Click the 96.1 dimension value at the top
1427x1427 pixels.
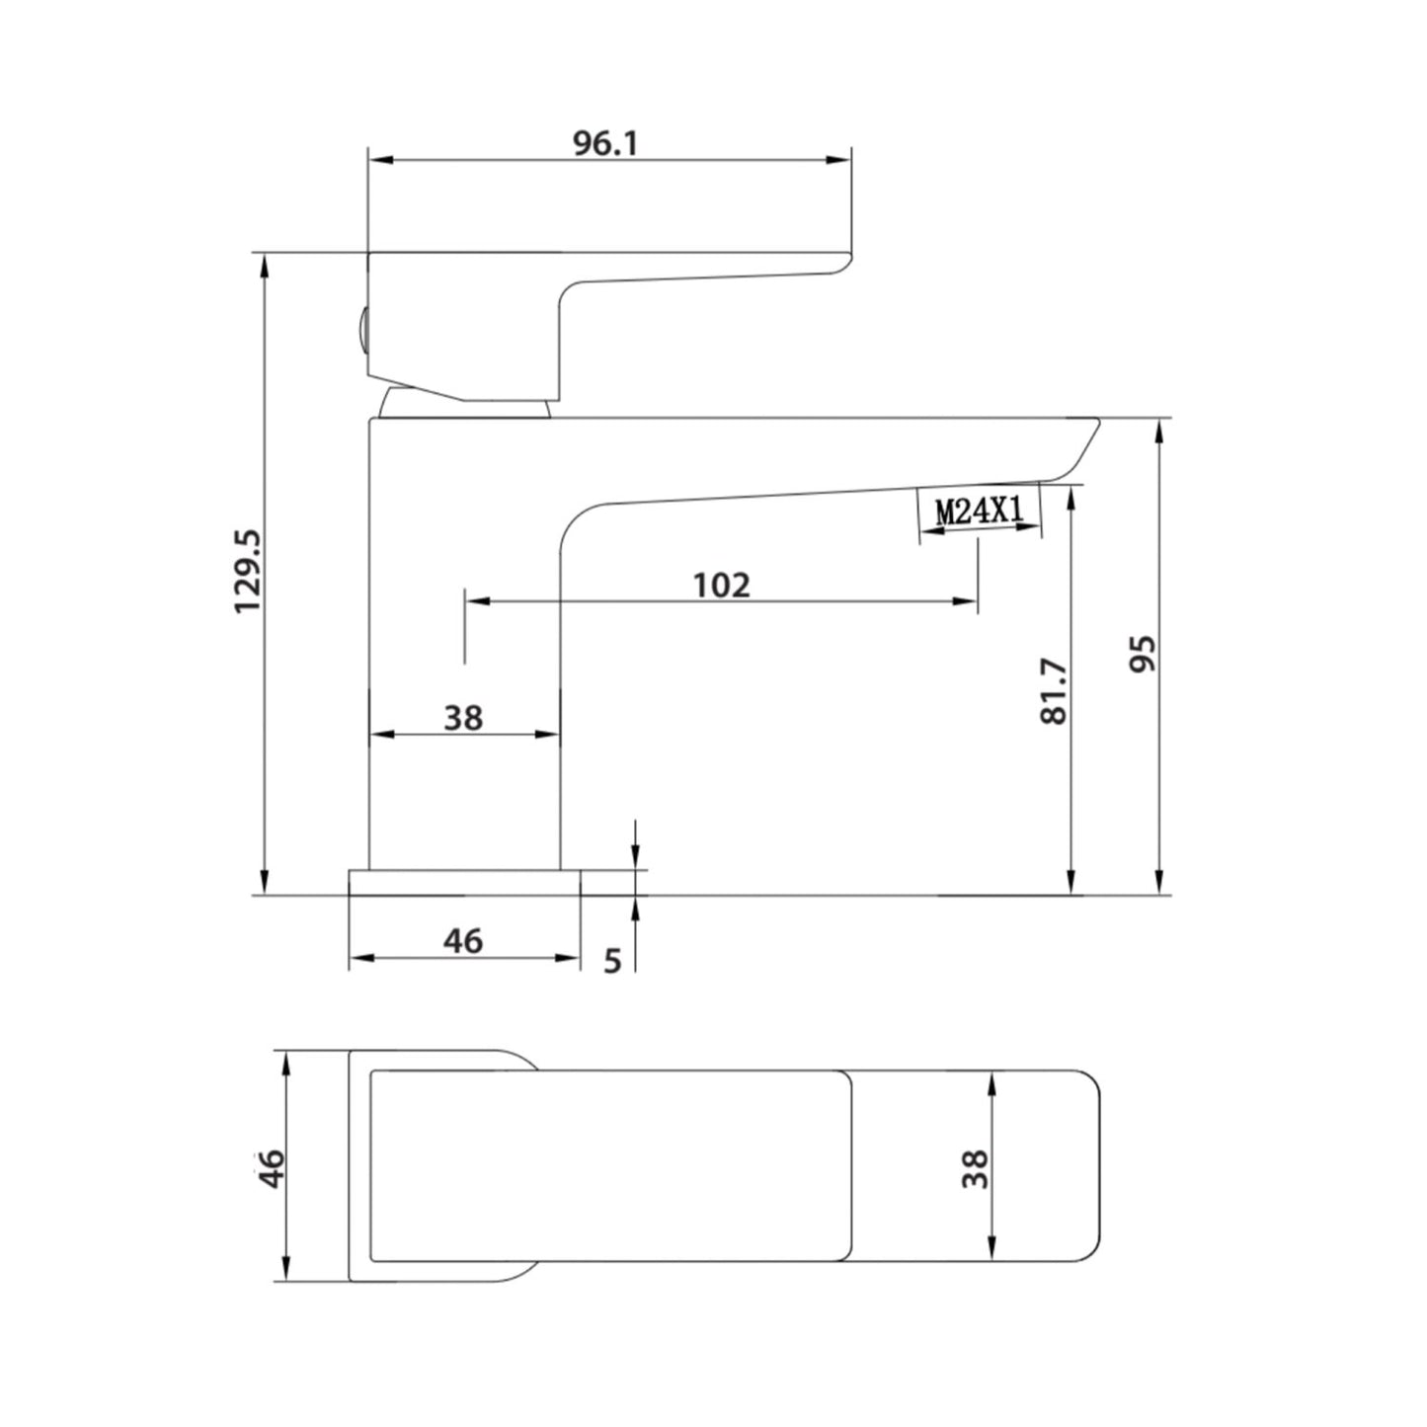tap(605, 144)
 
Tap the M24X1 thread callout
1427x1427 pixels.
tap(980, 511)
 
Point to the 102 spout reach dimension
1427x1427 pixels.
tap(721, 585)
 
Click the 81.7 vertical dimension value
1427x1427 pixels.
tap(1055, 691)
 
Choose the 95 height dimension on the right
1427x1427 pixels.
tap(1142, 654)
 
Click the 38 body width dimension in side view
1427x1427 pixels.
tap(462, 717)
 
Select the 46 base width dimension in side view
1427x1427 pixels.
tap(462, 941)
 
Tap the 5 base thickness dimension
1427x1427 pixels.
tap(612, 960)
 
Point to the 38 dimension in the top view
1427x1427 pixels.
tap(975, 1168)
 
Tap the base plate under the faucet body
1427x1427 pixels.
tap(464, 882)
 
